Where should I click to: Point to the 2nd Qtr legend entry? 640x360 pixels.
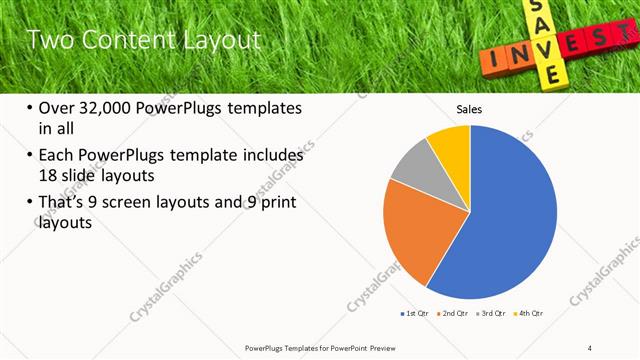(454, 314)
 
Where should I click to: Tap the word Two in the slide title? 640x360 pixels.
(46, 41)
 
